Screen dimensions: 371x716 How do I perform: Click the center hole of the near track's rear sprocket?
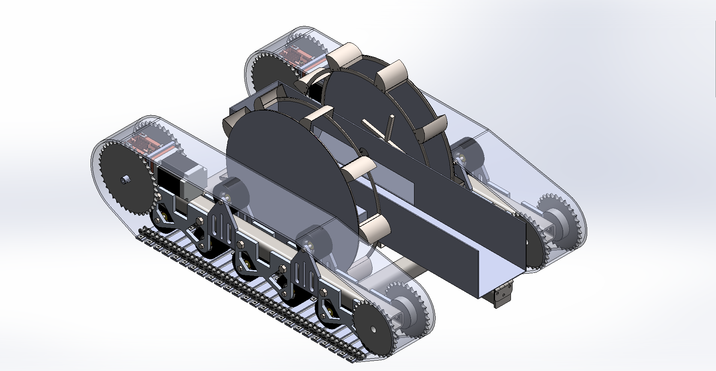(x=372, y=330)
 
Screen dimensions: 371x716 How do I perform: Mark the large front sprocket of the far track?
(x=272, y=74)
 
